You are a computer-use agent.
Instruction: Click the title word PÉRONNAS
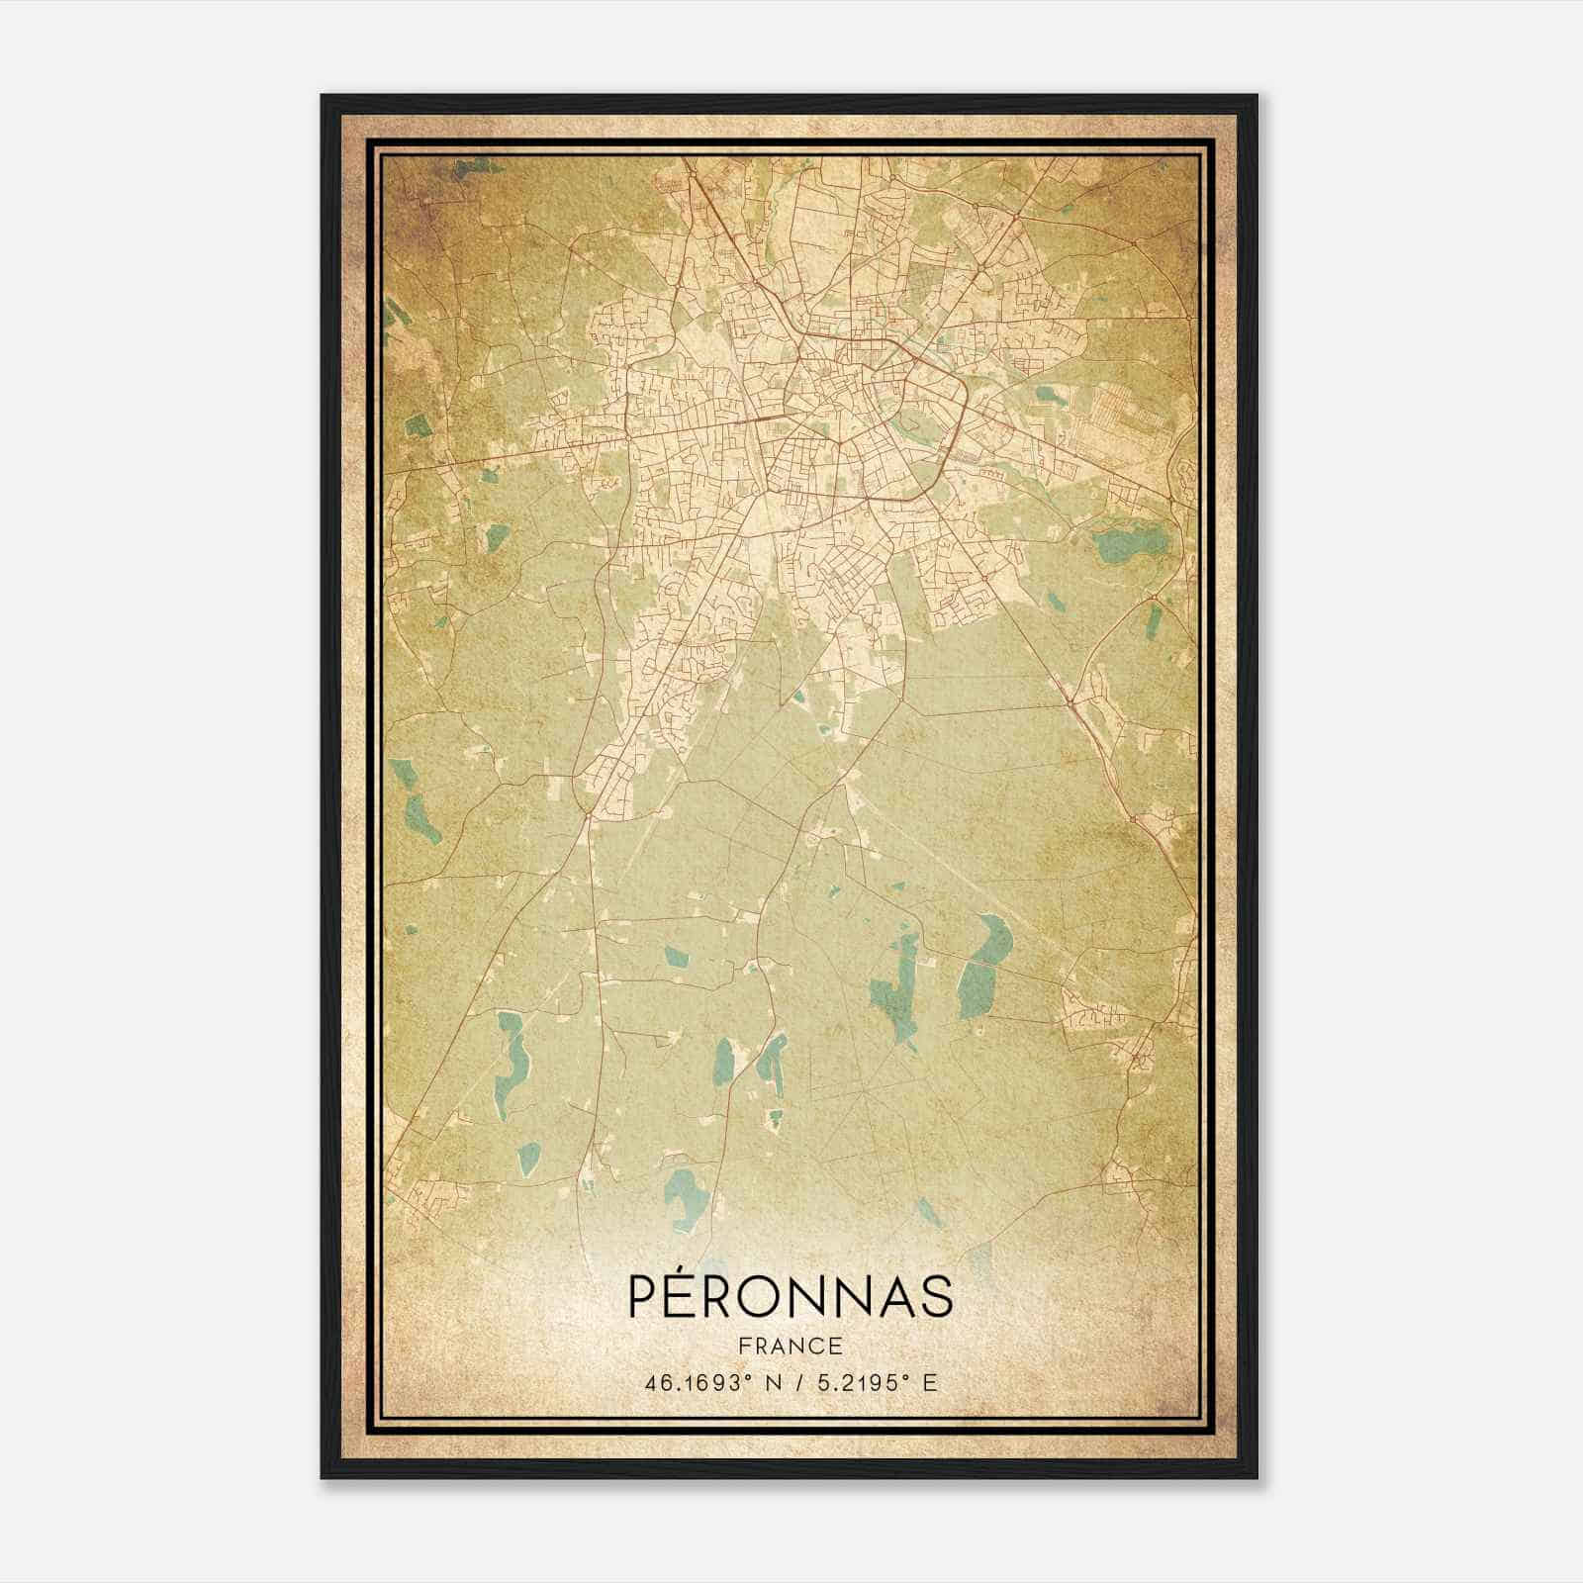click(x=791, y=1297)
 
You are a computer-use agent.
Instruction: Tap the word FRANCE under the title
click(x=791, y=1347)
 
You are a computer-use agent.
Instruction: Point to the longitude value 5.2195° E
click(x=874, y=1383)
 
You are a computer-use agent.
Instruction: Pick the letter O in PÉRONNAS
click(x=773, y=1297)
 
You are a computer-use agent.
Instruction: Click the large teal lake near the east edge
click(x=1130, y=543)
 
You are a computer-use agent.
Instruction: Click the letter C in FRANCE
click(x=818, y=1347)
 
